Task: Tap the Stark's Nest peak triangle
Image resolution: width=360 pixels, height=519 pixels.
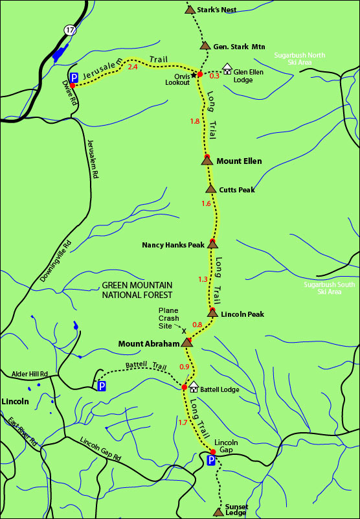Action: (x=190, y=10)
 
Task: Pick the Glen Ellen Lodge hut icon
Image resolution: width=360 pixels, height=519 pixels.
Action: (x=227, y=67)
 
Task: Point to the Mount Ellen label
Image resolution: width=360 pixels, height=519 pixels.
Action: (x=239, y=161)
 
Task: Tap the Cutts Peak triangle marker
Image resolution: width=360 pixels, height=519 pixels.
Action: (x=210, y=189)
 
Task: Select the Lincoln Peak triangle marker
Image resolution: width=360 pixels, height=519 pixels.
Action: (x=212, y=314)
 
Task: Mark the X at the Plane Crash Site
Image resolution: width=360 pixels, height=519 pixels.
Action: (x=184, y=330)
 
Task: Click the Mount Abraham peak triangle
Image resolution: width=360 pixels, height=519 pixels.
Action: (x=186, y=342)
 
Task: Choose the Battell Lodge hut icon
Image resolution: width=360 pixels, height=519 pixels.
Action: (x=193, y=386)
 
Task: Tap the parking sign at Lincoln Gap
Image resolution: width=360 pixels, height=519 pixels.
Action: (x=210, y=461)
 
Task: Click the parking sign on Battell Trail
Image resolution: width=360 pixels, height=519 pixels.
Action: (x=101, y=386)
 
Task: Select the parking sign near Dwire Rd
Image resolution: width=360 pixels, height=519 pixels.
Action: (x=73, y=76)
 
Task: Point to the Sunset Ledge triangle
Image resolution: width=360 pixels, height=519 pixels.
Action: (x=217, y=512)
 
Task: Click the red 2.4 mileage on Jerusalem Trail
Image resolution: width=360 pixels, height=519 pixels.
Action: (x=133, y=66)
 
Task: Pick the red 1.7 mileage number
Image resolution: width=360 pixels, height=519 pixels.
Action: (x=183, y=422)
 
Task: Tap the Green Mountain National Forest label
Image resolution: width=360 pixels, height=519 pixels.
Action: (x=137, y=290)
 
